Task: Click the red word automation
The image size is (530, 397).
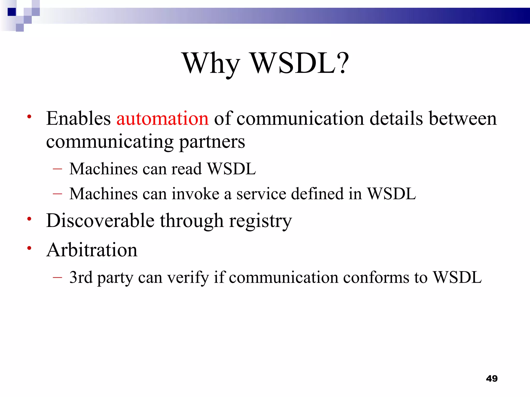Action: coord(162,119)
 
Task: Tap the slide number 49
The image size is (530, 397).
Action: coord(492,378)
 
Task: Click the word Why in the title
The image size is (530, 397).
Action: coord(211,63)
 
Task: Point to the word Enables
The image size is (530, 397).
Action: coord(78,119)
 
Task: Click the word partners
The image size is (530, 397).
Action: coord(212,142)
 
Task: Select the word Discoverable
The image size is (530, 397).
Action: coord(100,221)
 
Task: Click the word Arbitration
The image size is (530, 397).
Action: coord(92,250)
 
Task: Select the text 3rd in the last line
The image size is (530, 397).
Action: coord(81,277)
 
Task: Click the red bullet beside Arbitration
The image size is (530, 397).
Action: coord(29,248)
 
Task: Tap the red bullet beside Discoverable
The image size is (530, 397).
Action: coord(29,219)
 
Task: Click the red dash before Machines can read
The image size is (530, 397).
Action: coord(57,169)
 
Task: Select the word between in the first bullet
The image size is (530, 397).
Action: coord(463,119)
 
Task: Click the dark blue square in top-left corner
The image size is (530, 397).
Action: coord(12,12)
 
